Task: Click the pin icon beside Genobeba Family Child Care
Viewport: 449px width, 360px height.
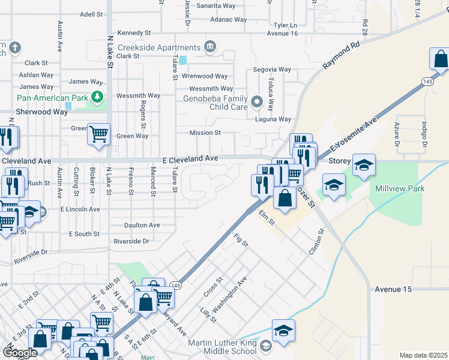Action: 258,102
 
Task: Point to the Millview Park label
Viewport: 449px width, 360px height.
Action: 399,188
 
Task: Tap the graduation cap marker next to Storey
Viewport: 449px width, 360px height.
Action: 364,164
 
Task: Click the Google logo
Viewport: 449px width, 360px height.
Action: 20,353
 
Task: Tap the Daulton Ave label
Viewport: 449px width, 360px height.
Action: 142,225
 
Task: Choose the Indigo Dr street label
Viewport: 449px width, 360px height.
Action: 424,135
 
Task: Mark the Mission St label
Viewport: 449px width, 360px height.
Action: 205,133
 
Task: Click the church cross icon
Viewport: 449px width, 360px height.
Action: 16,47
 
